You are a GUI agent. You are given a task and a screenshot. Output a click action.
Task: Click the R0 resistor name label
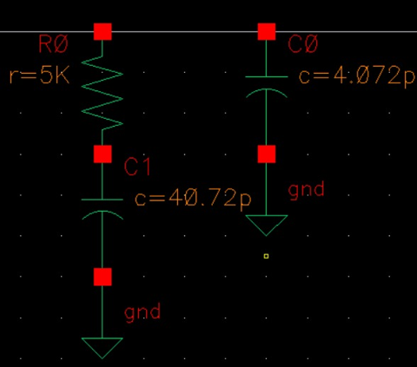coord(53,44)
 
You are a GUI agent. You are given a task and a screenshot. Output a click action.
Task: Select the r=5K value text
coord(39,75)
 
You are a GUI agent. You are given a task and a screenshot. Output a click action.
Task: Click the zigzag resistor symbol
coord(103,93)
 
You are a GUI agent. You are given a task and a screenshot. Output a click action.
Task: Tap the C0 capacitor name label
coord(303,44)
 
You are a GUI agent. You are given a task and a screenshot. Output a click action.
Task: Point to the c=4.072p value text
coord(357,75)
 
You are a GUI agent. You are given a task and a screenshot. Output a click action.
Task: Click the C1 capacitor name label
coord(137,167)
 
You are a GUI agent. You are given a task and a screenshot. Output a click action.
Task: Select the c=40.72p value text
coord(193,199)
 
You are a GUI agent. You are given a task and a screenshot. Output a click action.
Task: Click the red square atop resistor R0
coord(103,32)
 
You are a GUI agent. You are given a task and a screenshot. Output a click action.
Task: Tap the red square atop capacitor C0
coord(267,32)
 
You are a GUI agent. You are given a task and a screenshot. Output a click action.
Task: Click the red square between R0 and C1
coord(103,154)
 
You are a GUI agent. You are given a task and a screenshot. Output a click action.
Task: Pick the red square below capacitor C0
coord(267,154)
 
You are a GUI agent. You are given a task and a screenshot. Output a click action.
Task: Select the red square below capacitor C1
coord(103,277)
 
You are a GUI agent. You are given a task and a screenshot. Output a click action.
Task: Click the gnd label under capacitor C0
coord(306,190)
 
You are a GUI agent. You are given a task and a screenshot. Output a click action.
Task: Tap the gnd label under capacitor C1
coord(142,312)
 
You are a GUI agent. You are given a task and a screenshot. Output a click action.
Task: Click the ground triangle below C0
coord(267,222)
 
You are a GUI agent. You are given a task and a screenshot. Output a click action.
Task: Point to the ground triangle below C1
coord(103,344)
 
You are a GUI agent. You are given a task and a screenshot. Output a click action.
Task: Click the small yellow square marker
coord(266,256)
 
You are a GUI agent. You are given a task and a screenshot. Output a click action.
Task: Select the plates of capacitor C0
coord(267,87)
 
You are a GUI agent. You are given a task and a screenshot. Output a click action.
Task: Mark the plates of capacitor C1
coord(103,209)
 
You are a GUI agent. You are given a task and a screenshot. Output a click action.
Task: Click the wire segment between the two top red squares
coord(184,32)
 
